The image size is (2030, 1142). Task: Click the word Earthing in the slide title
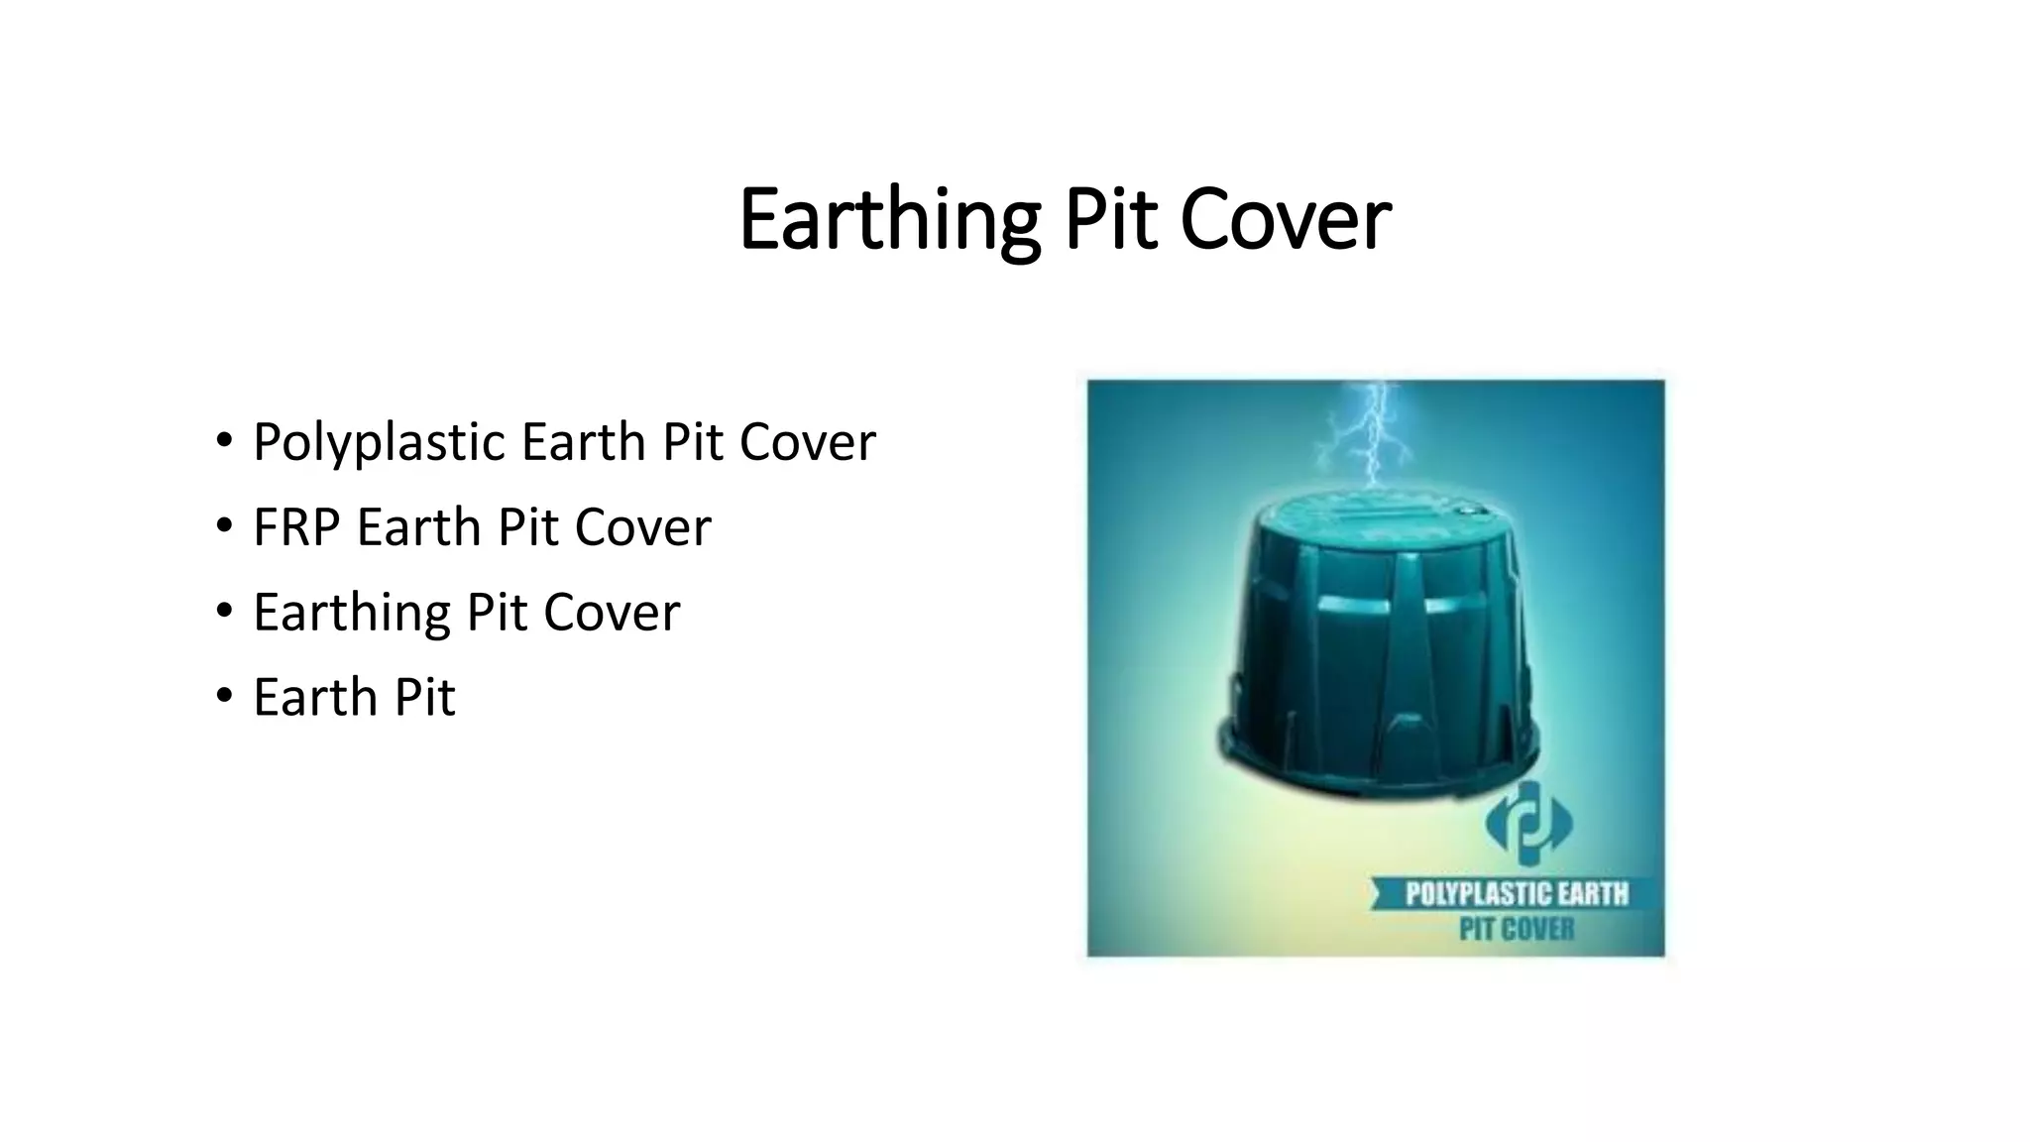click(889, 220)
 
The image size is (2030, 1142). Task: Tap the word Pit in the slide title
click(1110, 220)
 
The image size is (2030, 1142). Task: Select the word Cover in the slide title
click(1286, 220)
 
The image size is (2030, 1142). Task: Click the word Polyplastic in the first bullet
click(380, 442)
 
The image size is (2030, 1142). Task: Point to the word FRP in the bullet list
click(297, 527)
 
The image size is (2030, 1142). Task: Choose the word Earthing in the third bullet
click(351, 613)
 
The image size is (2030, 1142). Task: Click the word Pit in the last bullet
click(424, 697)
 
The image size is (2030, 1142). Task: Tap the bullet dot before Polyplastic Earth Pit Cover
click(224, 439)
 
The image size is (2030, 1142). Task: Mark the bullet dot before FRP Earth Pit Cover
click(224, 524)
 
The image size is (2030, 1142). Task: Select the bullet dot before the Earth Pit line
click(224, 695)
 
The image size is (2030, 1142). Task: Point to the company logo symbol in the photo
click(1527, 822)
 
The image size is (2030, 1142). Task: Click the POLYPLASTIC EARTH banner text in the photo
click(1517, 894)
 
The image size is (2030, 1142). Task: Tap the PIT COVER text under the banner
click(1517, 930)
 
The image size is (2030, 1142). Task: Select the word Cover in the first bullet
click(807, 442)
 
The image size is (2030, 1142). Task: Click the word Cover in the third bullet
click(612, 613)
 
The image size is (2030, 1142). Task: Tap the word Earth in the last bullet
click(316, 697)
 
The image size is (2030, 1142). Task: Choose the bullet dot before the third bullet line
click(224, 610)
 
